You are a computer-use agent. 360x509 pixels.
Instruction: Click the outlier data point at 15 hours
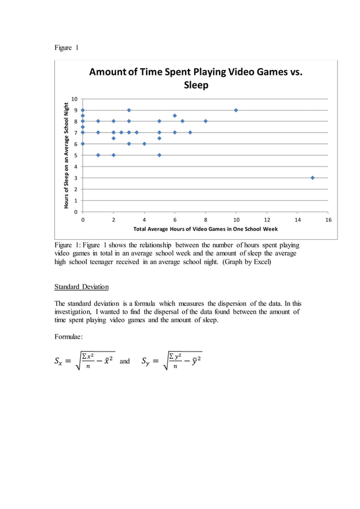313,178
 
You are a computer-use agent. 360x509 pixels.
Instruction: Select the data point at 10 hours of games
236,110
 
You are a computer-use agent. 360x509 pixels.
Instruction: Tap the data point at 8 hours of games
205,121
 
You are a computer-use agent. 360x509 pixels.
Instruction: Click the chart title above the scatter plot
196,78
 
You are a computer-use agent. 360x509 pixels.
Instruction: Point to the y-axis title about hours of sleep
67,155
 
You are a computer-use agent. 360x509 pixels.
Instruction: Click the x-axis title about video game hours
205,229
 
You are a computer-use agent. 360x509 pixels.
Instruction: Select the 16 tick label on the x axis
328,220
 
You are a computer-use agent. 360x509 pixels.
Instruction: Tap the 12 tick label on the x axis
266,220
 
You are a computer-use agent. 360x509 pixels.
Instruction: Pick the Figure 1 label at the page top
66,47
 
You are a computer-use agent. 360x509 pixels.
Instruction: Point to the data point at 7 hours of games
190,133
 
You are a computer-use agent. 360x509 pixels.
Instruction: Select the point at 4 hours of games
144,144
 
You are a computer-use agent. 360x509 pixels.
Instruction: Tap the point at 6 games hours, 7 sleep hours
175,133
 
